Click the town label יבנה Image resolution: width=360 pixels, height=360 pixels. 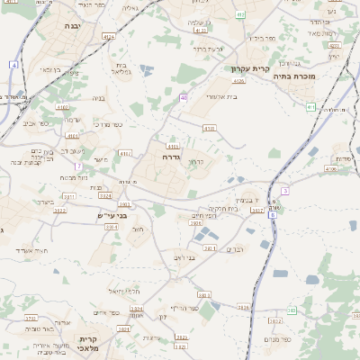coord(72,27)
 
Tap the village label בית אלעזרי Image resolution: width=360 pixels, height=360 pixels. coord(220,95)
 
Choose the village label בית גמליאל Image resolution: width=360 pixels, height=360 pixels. coord(123,69)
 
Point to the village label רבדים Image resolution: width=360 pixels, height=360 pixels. coord(235,249)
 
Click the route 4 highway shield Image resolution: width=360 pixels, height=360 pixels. coord(14,65)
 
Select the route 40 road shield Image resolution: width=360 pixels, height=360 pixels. coord(184,97)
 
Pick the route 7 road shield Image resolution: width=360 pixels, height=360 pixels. coord(79,166)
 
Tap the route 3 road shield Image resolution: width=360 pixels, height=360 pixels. coord(285,191)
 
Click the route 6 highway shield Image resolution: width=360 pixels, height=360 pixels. coord(272,214)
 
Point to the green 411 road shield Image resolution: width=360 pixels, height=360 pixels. coord(310,108)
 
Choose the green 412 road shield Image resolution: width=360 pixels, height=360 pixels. coord(240,14)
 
